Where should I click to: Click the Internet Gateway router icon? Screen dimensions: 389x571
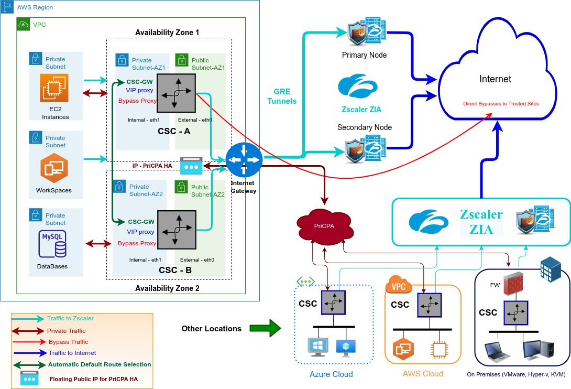pyautogui.click(x=244, y=160)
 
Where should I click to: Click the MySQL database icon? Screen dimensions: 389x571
pyautogui.click(x=53, y=244)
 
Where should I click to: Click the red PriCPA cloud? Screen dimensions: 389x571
pyautogui.click(x=325, y=226)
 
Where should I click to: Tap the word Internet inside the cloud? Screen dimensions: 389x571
pyautogui.click(x=495, y=79)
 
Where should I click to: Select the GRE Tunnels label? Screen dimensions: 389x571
pyautogui.click(x=282, y=96)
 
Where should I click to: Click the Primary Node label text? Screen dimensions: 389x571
pyautogui.click(x=364, y=55)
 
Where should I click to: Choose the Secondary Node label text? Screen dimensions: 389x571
pyautogui.click(x=365, y=127)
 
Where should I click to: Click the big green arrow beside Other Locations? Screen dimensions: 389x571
pyautogui.click(x=265, y=328)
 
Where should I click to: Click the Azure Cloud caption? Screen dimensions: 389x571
pyautogui.click(x=331, y=374)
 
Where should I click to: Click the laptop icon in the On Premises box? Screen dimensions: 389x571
pyautogui.click(x=497, y=352)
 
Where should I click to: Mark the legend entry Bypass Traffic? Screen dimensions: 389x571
pyautogui.click(x=68, y=342)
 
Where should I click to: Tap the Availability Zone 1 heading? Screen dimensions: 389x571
pyautogui.click(x=167, y=33)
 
